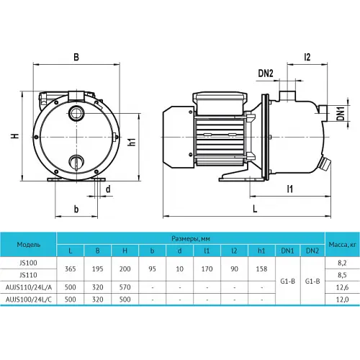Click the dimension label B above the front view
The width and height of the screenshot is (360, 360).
(76, 58)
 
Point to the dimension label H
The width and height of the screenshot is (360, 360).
(15, 136)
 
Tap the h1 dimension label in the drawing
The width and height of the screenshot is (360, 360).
(132, 142)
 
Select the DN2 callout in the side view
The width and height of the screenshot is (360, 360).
(266, 73)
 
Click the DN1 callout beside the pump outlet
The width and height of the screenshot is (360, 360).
(341, 114)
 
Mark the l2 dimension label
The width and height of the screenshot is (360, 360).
(307, 57)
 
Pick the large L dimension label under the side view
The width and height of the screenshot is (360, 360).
(255, 209)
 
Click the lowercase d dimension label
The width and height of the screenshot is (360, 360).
(108, 189)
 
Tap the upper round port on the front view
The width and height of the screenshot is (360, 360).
(76, 113)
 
